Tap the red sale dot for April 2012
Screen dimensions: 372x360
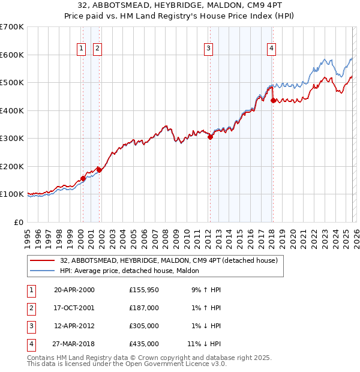pos(210,137)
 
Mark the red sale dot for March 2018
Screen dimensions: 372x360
pos(273,101)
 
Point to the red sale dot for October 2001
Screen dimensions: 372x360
pos(99,170)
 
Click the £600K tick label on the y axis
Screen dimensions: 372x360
pos(11,55)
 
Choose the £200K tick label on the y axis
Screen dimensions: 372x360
pos(11,166)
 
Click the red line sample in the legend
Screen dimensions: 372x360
pos(43,261)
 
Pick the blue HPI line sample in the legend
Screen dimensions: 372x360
pos(43,271)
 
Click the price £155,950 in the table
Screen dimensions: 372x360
pos(143,290)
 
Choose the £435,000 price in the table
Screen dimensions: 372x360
pos(143,344)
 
